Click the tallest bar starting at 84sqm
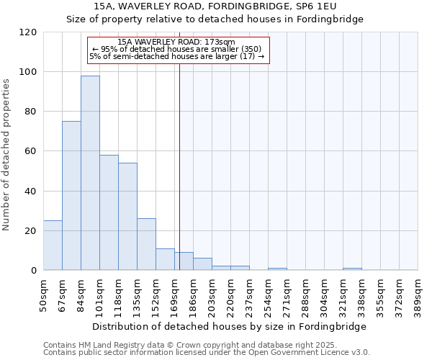pos(90,173)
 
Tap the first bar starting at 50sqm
pos(53,246)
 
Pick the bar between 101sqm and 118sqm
pos(109,212)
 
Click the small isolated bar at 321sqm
pos(352,269)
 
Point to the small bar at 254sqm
pos(277,269)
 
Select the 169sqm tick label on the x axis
pos(175,294)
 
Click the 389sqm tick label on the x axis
pos(418,294)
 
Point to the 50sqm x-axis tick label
pos(44,294)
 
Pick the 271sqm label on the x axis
pos(287,294)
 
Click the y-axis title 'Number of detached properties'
pos(6,156)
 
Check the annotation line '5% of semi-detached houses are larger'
pos(176,56)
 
